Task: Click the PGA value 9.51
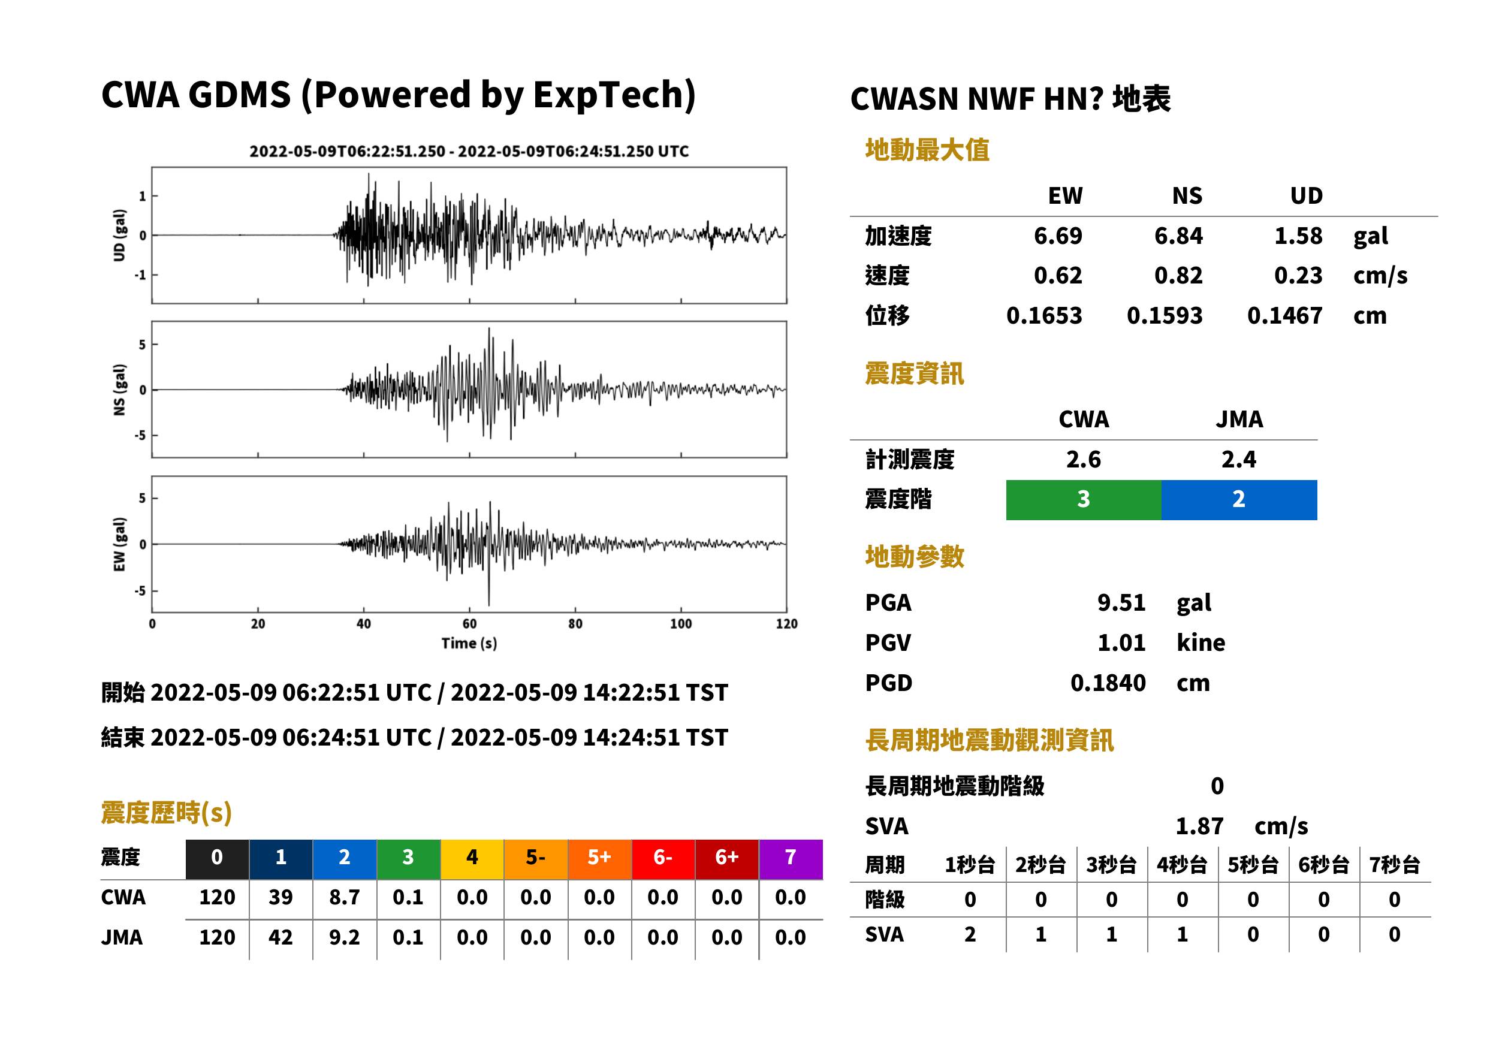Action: [1121, 602]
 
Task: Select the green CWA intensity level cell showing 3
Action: [1084, 500]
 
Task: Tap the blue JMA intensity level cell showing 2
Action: [1239, 500]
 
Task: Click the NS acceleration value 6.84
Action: [1178, 236]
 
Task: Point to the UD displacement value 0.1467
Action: [1285, 315]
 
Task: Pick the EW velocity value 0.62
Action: [1058, 275]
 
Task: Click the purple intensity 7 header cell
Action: [791, 857]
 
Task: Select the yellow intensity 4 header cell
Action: [472, 857]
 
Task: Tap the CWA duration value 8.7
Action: [345, 897]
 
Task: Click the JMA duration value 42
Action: [280, 937]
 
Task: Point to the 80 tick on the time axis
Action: [575, 624]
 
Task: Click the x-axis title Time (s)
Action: [469, 644]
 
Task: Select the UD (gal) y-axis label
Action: [119, 236]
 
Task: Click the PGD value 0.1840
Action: [1108, 683]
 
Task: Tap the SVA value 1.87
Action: [1199, 826]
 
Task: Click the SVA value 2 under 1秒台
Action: [970, 934]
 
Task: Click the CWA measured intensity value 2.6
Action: [1084, 459]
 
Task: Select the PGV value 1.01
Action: [1121, 643]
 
